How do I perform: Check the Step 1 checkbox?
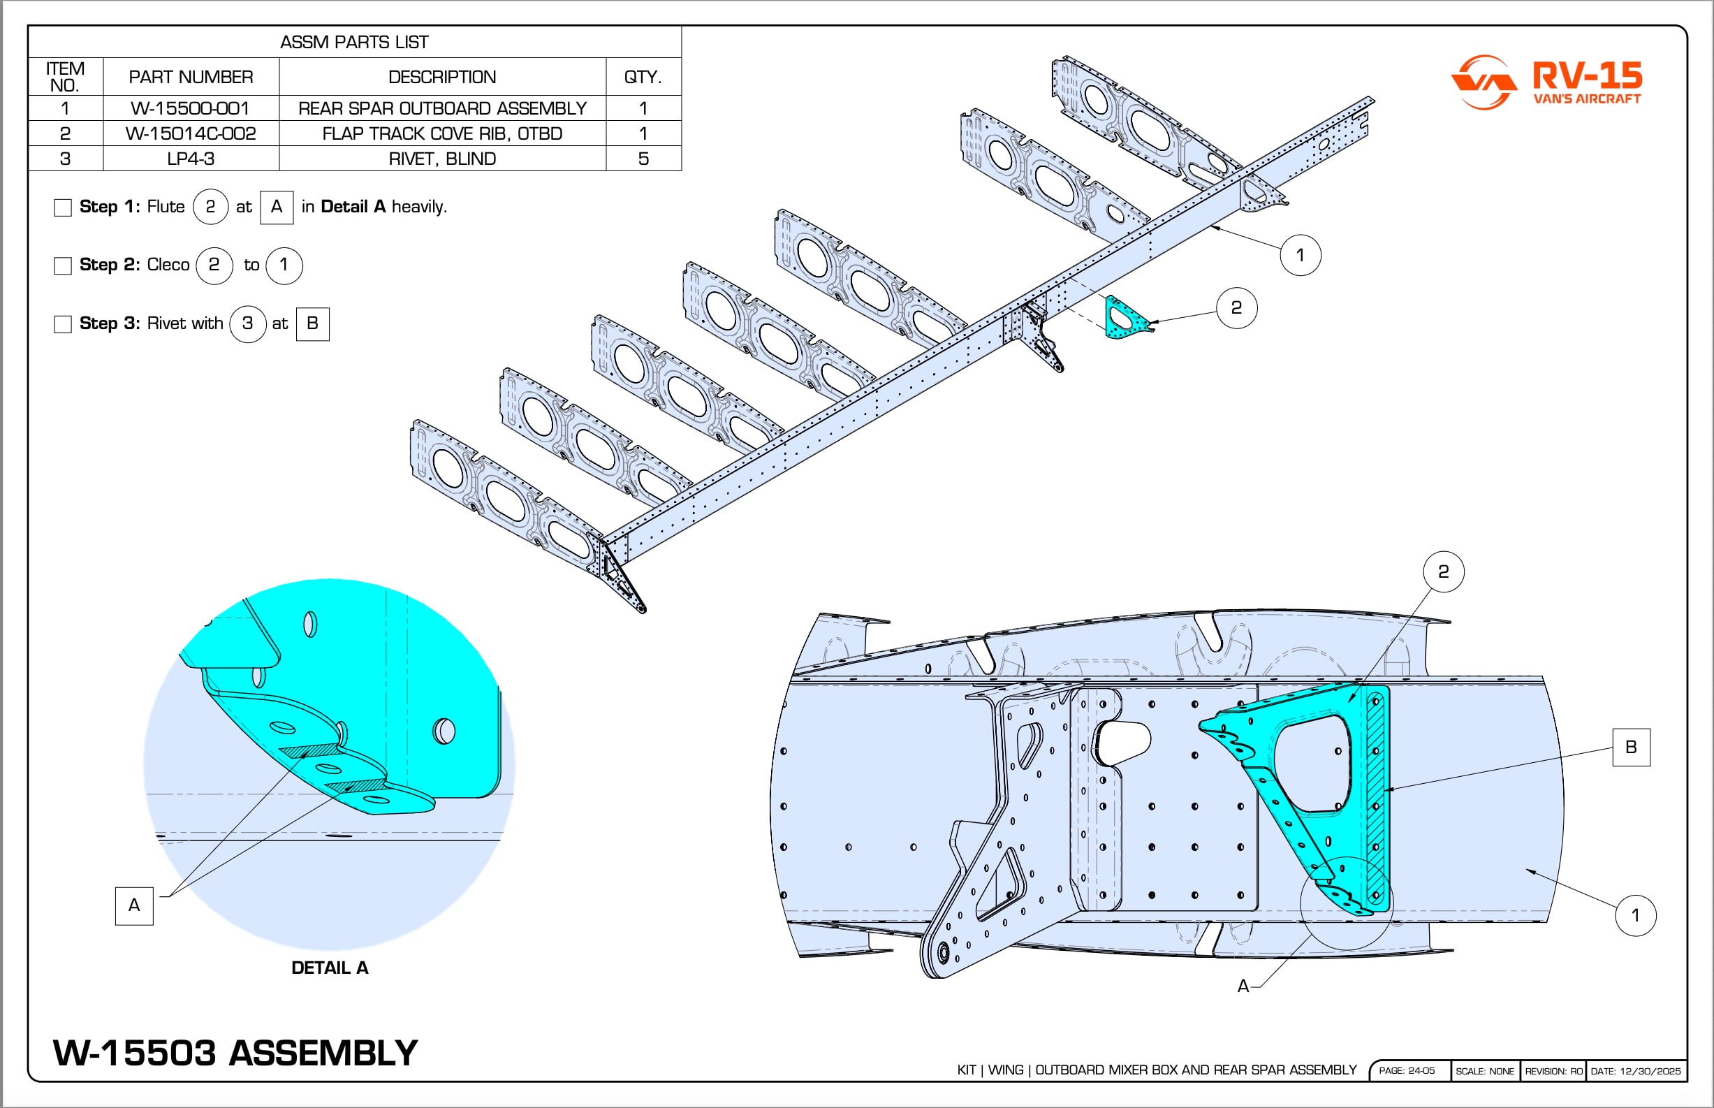pyautogui.click(x=64, y=208)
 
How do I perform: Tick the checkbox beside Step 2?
pyautogui.click(x=64, y=266)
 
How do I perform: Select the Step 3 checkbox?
pyautogui.click(x=64, y=324)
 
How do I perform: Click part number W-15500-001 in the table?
pyautogui.click(x=191, y=109)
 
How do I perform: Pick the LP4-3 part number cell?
pyautogui.click(x=191, y=159)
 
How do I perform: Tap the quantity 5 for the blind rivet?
pyautogui.click(x=643, y=159)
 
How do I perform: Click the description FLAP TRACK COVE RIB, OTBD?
pyautogui.click(x=441, y=134)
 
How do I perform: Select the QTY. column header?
pyautogui.click(x=643, y=77)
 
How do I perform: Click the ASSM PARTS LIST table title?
pyautogui.click(x=354, y=43)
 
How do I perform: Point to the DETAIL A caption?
pyautogui.click(x=330, y=968)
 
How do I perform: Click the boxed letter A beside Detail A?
pyautogui.click(x=134, y=905)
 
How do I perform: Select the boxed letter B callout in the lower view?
pyautogui.click(x=1631, y=747)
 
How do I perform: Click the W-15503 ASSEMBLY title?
pyautogui.click(x=235, y=1053)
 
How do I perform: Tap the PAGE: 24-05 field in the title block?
pyautogui.click(x=1406, y=1070)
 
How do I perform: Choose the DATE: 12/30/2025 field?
pyautogui.click(x=1636, y=1070)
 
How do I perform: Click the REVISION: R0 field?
pyautogui.click(x=1553, y=1070)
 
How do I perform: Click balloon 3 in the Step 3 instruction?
pyautogui.click(x=247, y=323)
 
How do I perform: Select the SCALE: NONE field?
pyautogui.click(x=1484, y=1070)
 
